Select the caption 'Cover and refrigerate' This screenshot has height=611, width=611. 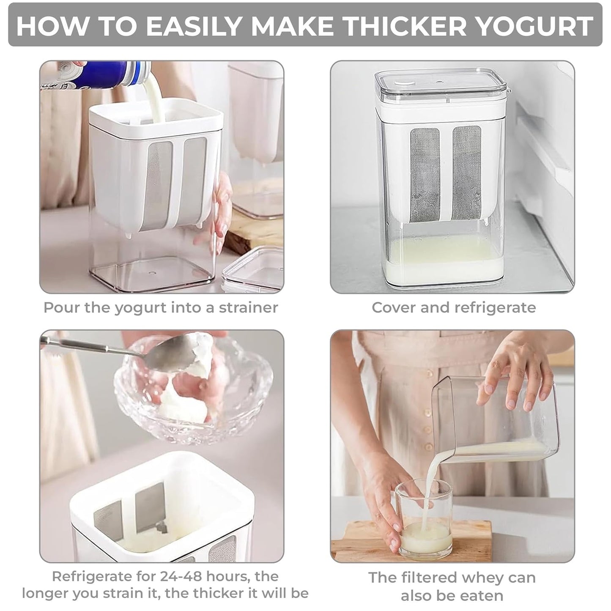[453, 307]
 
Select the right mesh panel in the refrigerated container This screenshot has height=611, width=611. [467, 173]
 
